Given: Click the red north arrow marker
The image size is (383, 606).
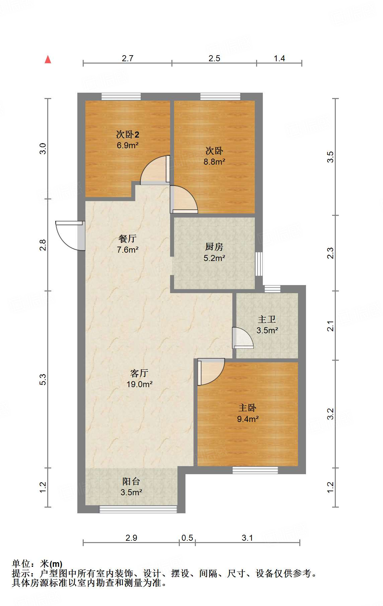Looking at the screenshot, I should pos(48,60).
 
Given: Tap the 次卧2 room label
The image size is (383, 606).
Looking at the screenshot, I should pos(127,135).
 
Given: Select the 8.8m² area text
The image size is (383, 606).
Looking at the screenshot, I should pos(214,162).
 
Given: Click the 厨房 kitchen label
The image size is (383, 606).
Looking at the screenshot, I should pos(214,247).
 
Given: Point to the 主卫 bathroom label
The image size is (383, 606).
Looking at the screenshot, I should pos(267,320).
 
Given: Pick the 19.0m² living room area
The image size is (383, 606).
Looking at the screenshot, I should pos(139,384).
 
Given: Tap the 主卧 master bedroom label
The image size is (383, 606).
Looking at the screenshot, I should pos(247,408).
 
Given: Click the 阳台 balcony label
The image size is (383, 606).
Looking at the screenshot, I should pos(131,482).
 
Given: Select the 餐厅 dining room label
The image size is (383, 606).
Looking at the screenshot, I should pos(127,239).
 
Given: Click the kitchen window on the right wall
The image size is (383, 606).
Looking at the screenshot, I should pos(259,264).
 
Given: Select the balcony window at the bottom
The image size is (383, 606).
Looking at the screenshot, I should pos(138,509).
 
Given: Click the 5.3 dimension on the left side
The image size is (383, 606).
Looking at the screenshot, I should pos(43,379).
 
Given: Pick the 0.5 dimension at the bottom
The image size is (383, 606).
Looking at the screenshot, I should pos(187,538).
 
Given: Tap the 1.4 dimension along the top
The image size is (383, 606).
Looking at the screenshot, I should pos(279,59).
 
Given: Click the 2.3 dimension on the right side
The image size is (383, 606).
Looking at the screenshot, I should pos(330,253).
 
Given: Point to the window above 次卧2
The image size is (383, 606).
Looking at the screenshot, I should pos(121,96).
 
